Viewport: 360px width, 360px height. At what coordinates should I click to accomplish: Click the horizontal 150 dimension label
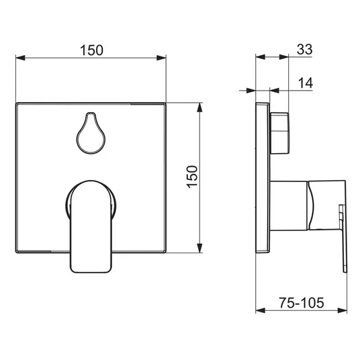(91, 50)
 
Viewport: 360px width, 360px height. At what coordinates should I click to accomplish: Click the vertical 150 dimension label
(192, 177)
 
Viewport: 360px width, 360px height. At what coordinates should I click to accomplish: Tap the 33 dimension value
(304, 49)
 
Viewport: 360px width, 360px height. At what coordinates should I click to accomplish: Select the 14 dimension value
(306, 83)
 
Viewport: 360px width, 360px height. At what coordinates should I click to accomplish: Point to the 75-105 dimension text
(302, 303)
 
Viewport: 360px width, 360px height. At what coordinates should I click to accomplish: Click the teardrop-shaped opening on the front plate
(91, 133)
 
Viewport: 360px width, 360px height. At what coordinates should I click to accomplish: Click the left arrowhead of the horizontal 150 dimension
(20, 58)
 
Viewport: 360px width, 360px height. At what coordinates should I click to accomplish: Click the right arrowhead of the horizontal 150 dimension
(161, 58)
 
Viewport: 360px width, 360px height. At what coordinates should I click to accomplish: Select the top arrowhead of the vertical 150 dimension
(199, 107)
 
